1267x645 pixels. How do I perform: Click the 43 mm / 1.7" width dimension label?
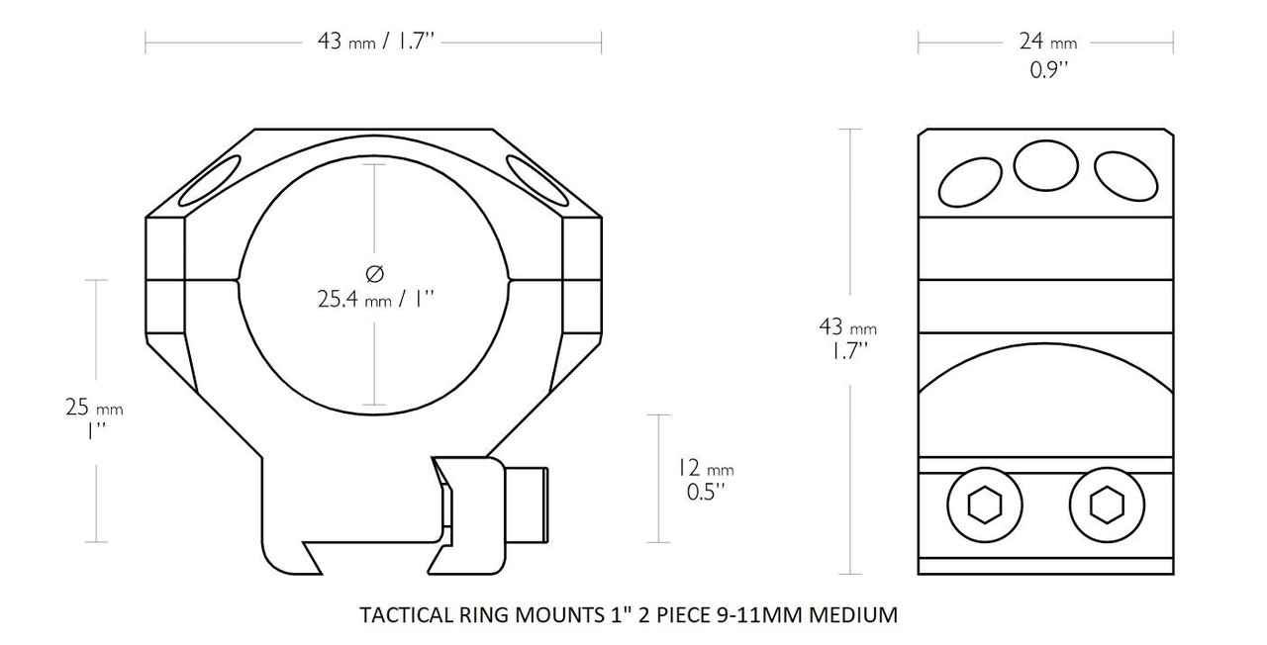(x=376, y=42)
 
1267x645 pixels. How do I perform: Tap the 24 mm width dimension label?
(x=1047, y=42)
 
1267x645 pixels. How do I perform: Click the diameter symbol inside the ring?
(x=374, y=273)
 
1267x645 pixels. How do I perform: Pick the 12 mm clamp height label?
(x=705, y=469)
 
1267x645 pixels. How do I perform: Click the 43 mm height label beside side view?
(x=848, y=327)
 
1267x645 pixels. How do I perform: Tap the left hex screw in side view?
(x=983, y=507)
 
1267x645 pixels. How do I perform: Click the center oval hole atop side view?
(x=1046, y=165)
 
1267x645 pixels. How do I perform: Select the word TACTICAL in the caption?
(x=394, y=615)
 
